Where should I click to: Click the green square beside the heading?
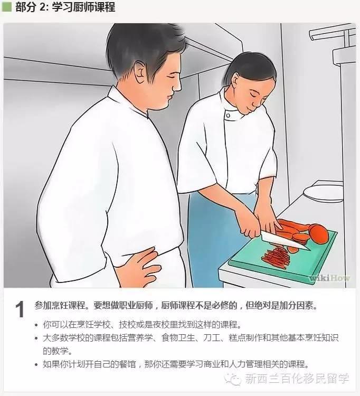tap(6, 6)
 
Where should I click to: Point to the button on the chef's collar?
tap(228, 116)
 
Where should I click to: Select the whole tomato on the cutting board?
tap(319, 234)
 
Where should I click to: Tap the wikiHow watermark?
tap(330, 278)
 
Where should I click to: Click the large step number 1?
tap(20, 309)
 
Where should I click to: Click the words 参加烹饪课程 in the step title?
tap(60, 306)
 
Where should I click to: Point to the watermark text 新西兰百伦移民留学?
tap(297, 379)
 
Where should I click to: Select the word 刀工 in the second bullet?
tap(212, 338)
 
